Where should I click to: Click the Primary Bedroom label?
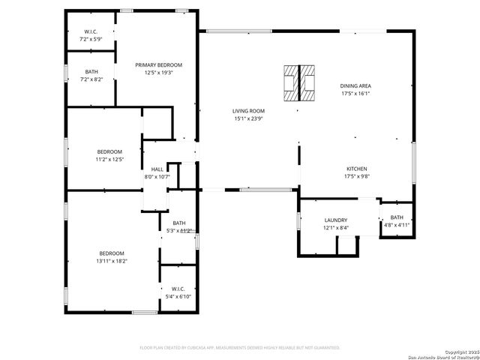click(x=158, y=65)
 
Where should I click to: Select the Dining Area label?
click(x=356, y=86)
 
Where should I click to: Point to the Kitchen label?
click(x=356, y=169)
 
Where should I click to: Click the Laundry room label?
click(x=335, y=220)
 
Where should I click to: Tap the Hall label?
click(x=157, y=169)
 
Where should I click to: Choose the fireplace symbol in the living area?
click(x=299, y=82)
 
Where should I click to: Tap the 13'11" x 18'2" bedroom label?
click(x=111, y=261)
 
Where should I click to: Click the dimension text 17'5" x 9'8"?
click(x=356, y=176)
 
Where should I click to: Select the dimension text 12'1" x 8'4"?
click(x=335, y=227)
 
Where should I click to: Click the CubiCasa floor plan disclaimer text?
click(x=240, y=348)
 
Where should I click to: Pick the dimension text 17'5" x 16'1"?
click(x=356, y=94)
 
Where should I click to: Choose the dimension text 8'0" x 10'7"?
click(x=157, y=177)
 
